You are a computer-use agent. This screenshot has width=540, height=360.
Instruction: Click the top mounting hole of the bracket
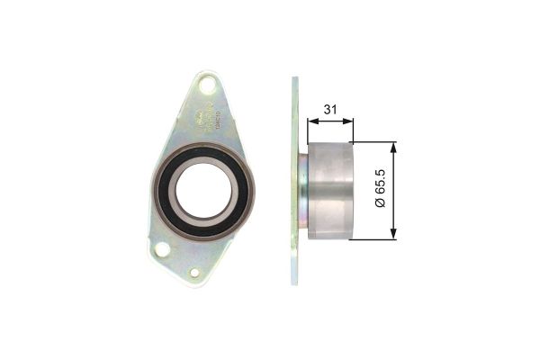(208, 88)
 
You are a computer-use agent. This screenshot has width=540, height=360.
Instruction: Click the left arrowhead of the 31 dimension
(311, 121)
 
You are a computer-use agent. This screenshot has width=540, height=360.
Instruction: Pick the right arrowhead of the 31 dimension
(349, 121)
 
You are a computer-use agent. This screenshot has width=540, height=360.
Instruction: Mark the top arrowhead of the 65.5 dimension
(392, 147)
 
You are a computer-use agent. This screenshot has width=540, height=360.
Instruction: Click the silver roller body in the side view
(332, 191)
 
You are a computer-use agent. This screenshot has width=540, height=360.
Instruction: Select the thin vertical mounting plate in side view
(294, 180)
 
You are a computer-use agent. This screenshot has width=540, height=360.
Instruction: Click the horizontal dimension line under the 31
(330, 121)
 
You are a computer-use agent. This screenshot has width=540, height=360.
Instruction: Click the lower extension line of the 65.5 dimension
(373, 240)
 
